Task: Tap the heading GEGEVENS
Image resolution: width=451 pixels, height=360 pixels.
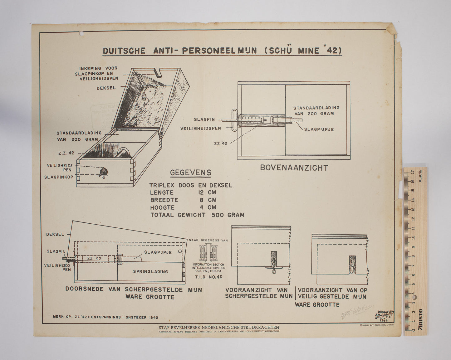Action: coord(190,173)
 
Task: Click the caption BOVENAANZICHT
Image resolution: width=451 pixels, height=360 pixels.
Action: coord(294,168)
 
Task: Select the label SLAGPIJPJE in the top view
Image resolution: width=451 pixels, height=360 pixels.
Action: coord(319,129)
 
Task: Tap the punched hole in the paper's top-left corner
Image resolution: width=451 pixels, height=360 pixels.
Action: coord(81,33)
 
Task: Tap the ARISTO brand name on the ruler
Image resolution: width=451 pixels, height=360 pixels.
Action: coord(420,319)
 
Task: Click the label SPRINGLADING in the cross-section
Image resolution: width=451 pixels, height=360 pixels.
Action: coord(150,271)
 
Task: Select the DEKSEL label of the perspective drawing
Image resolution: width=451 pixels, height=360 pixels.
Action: coord(106,88)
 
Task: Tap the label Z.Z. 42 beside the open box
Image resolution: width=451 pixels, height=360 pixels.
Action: coord(66,153)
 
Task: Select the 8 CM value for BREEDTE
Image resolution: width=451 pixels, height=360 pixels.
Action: coord(208,200)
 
